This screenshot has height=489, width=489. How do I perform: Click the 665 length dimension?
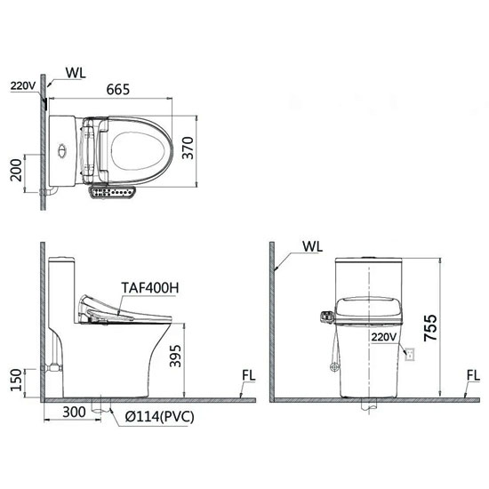118,90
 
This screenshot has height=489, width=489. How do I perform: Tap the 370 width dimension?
188,148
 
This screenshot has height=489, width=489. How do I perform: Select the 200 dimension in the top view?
16,170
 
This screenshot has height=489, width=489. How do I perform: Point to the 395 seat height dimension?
175,356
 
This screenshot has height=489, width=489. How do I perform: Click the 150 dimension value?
16,380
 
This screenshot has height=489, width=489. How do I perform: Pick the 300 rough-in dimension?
74,412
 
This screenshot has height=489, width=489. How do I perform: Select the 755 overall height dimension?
430,328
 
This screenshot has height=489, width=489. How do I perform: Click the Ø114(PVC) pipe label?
160,416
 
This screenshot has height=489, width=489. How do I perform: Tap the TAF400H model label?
150,288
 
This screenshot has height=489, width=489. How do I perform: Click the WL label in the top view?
76,73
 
